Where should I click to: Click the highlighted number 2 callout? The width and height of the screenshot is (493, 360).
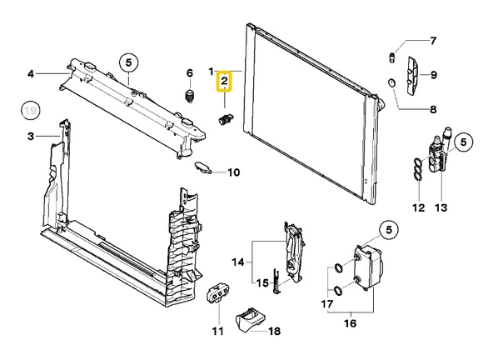tap(224, 81)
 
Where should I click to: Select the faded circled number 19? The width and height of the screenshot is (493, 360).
tap(31, 111)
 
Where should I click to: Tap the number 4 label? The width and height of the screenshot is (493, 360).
tap(31, 74)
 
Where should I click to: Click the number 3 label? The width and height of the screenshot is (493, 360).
tap(31, 137)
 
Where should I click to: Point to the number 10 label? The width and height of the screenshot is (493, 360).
tap(234, 172)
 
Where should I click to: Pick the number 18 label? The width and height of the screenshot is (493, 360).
tap(275, 331)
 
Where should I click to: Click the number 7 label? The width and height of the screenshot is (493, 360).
tap(433, 41)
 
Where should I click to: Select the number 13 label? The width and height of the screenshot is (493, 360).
tap(441, 207)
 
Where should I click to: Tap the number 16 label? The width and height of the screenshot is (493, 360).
tap(351, 323)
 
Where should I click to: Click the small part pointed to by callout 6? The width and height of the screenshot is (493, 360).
tap(189, 95)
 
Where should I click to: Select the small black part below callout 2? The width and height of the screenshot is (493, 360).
tap(226, 119)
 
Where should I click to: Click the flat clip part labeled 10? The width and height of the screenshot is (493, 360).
tap(203, 167)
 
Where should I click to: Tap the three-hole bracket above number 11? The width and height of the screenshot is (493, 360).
tap(218, 292)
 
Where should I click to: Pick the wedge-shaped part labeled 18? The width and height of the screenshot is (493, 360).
tap(251, 320)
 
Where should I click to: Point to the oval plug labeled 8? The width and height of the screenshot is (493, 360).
tap(391, 83)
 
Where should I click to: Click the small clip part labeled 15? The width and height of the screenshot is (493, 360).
tap(276, 282)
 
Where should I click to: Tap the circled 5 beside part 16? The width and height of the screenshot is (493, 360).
tap(389, 230)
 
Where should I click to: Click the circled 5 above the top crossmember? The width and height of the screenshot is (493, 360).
tap(128, 62)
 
